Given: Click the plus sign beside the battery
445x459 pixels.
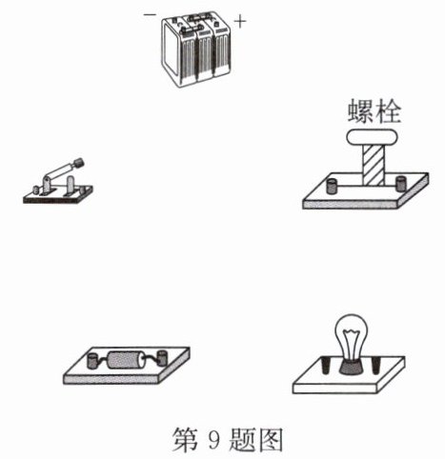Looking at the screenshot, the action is pyautogui.click(x=240, y=22).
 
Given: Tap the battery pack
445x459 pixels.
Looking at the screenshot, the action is pyautogui.click(x=195, y=49).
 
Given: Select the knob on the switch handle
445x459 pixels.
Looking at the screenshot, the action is pyautogui.click(x=79, y=163).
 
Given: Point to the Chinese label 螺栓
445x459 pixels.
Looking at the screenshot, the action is pyautogui.click(x=374, y=111).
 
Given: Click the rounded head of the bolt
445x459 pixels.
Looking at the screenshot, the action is pyautogui.click(x=372, y=137).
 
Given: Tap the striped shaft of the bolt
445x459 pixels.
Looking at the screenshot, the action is pyautogui.click(x=374, y=166).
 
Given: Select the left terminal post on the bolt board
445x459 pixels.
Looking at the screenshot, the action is pyautogui.click(x=332, y=186).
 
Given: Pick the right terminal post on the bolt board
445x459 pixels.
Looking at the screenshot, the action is pyautogui.click(x=400, y=184).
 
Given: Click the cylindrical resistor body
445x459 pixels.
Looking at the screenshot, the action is pyautogui.click(x=126, y=360).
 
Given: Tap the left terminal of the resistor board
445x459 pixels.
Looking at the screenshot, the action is pyautogui.click(x=92, y=361).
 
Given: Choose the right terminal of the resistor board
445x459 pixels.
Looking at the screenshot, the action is pyautogui.click(x=162, y=357).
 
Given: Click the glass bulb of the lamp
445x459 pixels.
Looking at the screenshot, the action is pyautogui.click(x=351, y=337).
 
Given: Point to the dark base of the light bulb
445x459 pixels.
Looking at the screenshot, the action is pyautogui.click(x=351, y=367).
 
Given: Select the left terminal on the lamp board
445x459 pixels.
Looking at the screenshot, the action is pyautogui.click(x=326, y=365).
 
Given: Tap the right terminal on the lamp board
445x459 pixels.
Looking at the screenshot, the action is pyautogui.click(x=375, y=366).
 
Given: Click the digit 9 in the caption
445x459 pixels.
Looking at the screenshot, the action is pyautogui.click(x=214, y=439).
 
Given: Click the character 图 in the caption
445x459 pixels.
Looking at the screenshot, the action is pyautogui.click(x=269, y=439).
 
